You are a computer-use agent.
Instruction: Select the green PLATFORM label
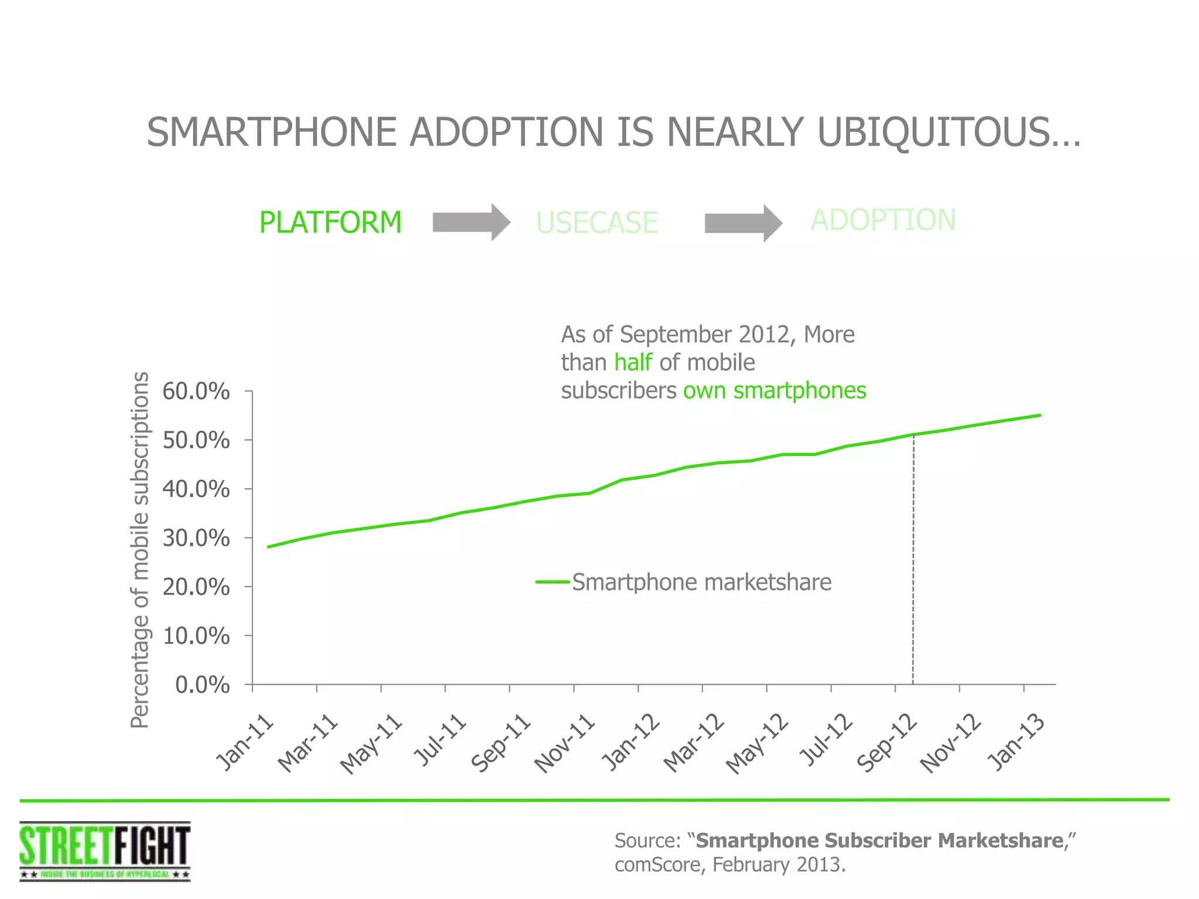[x=330, y=222]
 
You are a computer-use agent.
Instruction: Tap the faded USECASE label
[x=597, y=223]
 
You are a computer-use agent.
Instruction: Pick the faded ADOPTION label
[x=883, y=220]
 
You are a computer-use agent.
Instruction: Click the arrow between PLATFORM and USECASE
[x=471, y=222]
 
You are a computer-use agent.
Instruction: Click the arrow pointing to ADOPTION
[x=743, y=223]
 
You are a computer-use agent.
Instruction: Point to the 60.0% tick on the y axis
[x=196, y=391]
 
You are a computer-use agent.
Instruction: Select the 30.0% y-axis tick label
[x=196, y=538]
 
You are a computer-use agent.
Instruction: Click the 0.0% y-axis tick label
[x=203, y=685]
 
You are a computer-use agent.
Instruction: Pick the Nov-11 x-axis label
[x=564, y=743]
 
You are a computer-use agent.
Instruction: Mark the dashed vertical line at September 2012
[x=913, y=562]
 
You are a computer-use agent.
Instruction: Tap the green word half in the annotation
[x=633, y=362]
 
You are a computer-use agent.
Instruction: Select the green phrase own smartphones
[x=775, y=390]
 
